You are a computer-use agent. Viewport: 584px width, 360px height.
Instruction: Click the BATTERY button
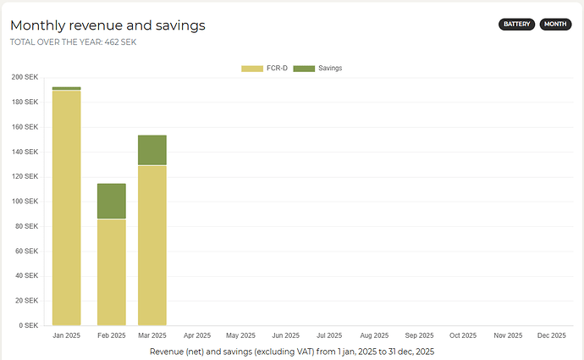517,24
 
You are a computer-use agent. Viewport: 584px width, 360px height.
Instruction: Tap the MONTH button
555,24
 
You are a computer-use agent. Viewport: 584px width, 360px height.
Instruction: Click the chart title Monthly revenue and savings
107,25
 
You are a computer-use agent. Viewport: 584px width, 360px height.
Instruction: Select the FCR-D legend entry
263,68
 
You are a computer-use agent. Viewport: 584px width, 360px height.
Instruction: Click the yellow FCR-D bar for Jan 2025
67,208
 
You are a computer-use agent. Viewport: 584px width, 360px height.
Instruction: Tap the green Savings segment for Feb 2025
112,201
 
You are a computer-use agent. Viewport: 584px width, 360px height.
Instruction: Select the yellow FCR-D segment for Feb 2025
112,272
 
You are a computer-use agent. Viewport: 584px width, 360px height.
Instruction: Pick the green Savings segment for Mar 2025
152,150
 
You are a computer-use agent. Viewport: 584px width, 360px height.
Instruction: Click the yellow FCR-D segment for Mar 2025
152,245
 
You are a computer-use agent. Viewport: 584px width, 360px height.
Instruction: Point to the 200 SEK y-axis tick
25,77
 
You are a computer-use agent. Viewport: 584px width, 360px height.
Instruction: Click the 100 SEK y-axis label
25,202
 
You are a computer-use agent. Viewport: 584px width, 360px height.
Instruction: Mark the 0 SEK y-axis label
28,325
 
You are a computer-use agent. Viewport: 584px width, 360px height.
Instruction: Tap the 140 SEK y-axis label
25,152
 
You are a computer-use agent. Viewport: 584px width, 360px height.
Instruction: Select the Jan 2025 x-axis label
67,336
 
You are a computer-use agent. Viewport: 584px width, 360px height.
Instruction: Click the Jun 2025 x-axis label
286,336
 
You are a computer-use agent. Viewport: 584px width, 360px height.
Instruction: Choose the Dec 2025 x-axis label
552,336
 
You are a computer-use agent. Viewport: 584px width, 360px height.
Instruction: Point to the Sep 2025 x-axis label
419,336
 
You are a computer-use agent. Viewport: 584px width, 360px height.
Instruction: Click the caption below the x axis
292,351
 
